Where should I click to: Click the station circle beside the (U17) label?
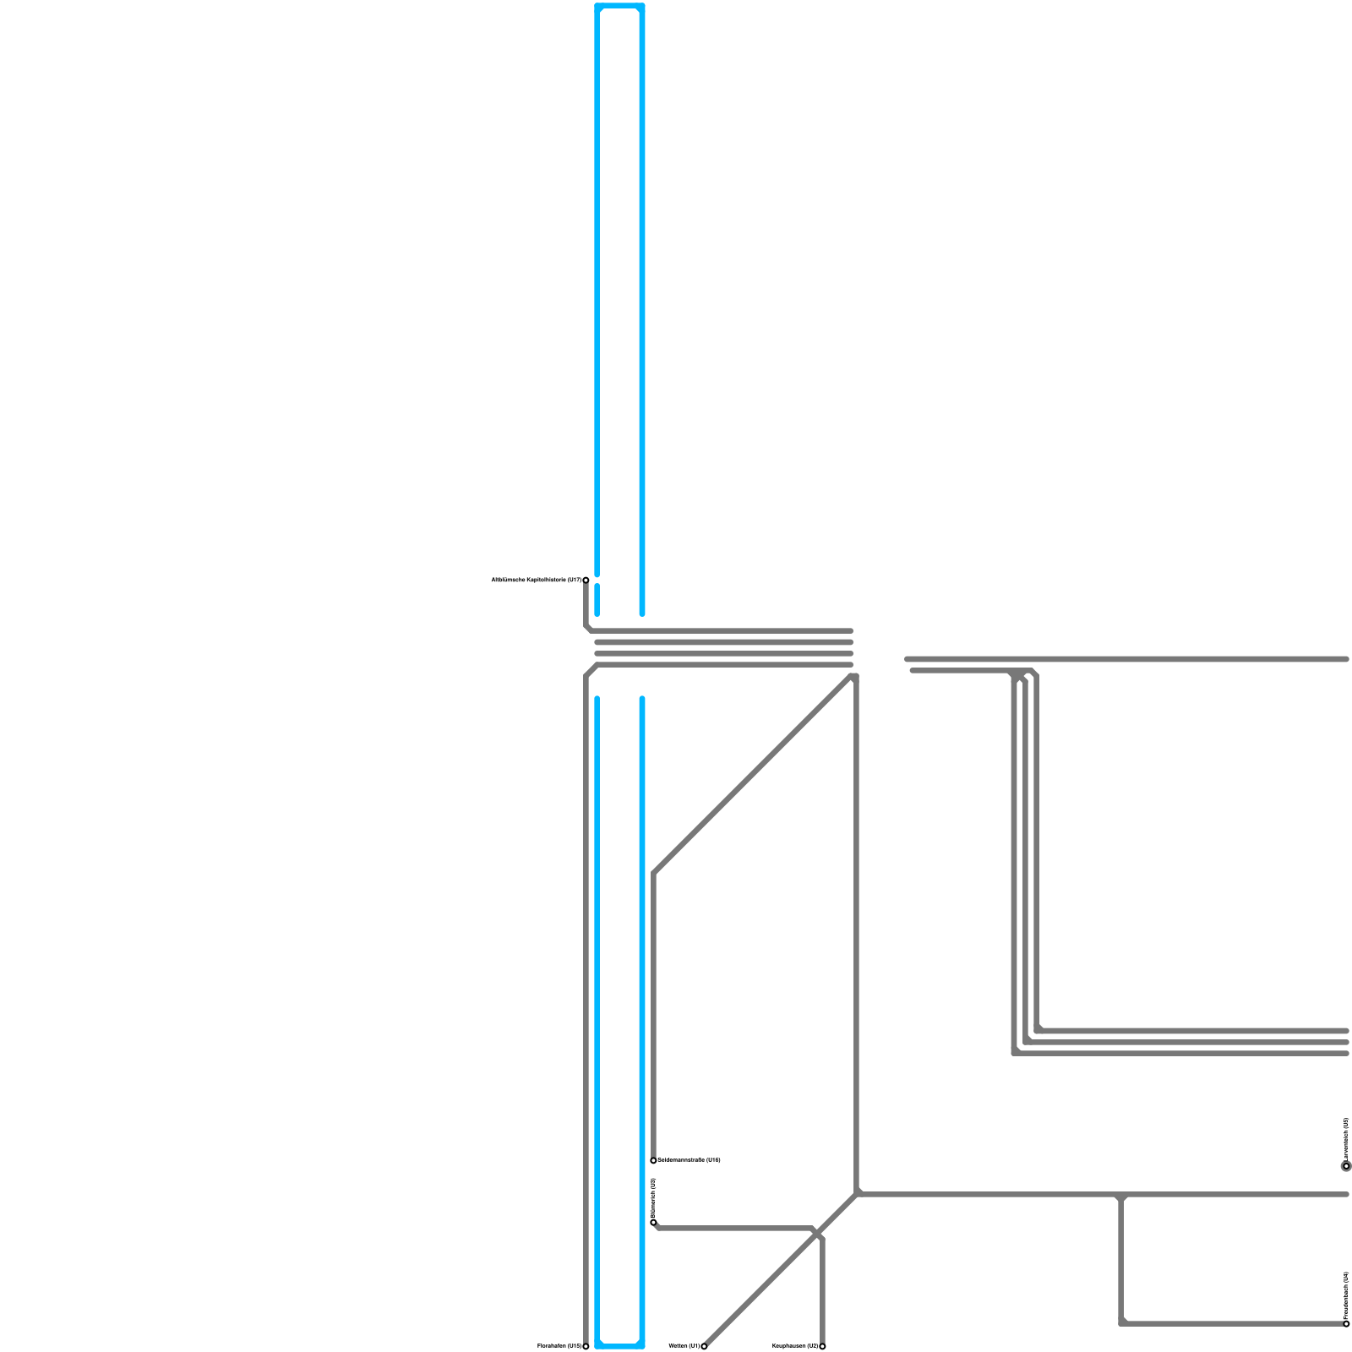[x=586, y=580]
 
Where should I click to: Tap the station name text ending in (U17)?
[x=536, y=580]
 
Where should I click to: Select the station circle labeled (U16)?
[x=653, y=1160]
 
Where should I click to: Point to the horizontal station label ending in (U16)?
[x=690, y=1160]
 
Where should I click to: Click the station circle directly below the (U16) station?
[x=653, y=1222]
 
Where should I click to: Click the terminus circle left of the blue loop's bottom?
[x=586, y=1346]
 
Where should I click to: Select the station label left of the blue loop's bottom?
[x=559, y=1345]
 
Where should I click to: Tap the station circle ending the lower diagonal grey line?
[x=704, y=1346]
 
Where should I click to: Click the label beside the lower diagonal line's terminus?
[x=684, y=1345]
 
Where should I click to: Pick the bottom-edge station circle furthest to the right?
[x=822, y=1346]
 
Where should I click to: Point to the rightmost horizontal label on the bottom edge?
[x=795, y=1345]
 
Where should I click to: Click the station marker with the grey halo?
[x=1346, y=1166]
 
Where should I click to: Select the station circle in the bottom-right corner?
[x=1346, y=1323]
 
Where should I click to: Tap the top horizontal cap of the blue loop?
[x=619, y=7]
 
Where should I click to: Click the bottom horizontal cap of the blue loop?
[x=619, y=1345]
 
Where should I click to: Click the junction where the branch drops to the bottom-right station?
[x=1121, y=1196]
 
